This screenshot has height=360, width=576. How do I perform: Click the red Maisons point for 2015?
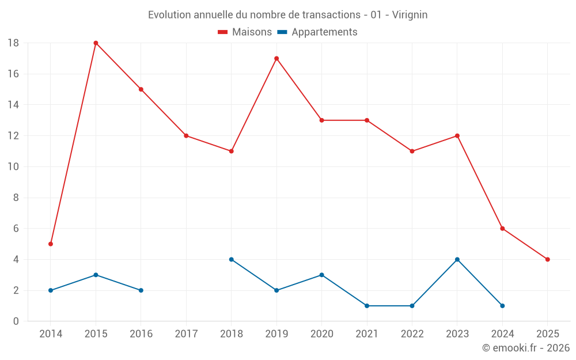96,43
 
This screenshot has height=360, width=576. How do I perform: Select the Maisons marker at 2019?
276,58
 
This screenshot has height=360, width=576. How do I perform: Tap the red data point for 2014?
51,244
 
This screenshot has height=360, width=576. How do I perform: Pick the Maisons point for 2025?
547,259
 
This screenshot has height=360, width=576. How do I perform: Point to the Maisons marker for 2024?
502,229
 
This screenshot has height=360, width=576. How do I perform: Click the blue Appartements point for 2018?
232,259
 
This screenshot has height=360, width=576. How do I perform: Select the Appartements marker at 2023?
457,259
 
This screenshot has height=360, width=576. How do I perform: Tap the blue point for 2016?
141,290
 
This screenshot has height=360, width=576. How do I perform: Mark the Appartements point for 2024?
502,306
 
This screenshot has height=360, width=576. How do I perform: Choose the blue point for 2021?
367,306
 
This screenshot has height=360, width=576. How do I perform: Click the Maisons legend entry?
245,32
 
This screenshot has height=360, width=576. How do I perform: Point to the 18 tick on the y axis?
13,43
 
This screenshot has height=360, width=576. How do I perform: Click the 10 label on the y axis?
13,167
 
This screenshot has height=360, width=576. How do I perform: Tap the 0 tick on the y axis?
16,321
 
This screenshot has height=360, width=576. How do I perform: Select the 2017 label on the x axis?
186,334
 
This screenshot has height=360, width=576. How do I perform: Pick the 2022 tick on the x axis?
412,334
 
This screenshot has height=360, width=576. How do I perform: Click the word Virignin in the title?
410,15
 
